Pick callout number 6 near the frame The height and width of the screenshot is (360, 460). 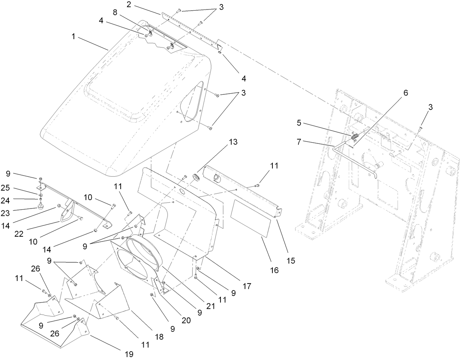[x=405, y=93]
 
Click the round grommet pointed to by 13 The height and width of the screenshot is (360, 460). [x=196, y=177]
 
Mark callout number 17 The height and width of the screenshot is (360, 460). [x=247, y=286]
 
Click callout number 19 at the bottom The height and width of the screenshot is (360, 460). [x=129, y=354]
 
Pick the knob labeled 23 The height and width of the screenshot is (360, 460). [x=39, y=207]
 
